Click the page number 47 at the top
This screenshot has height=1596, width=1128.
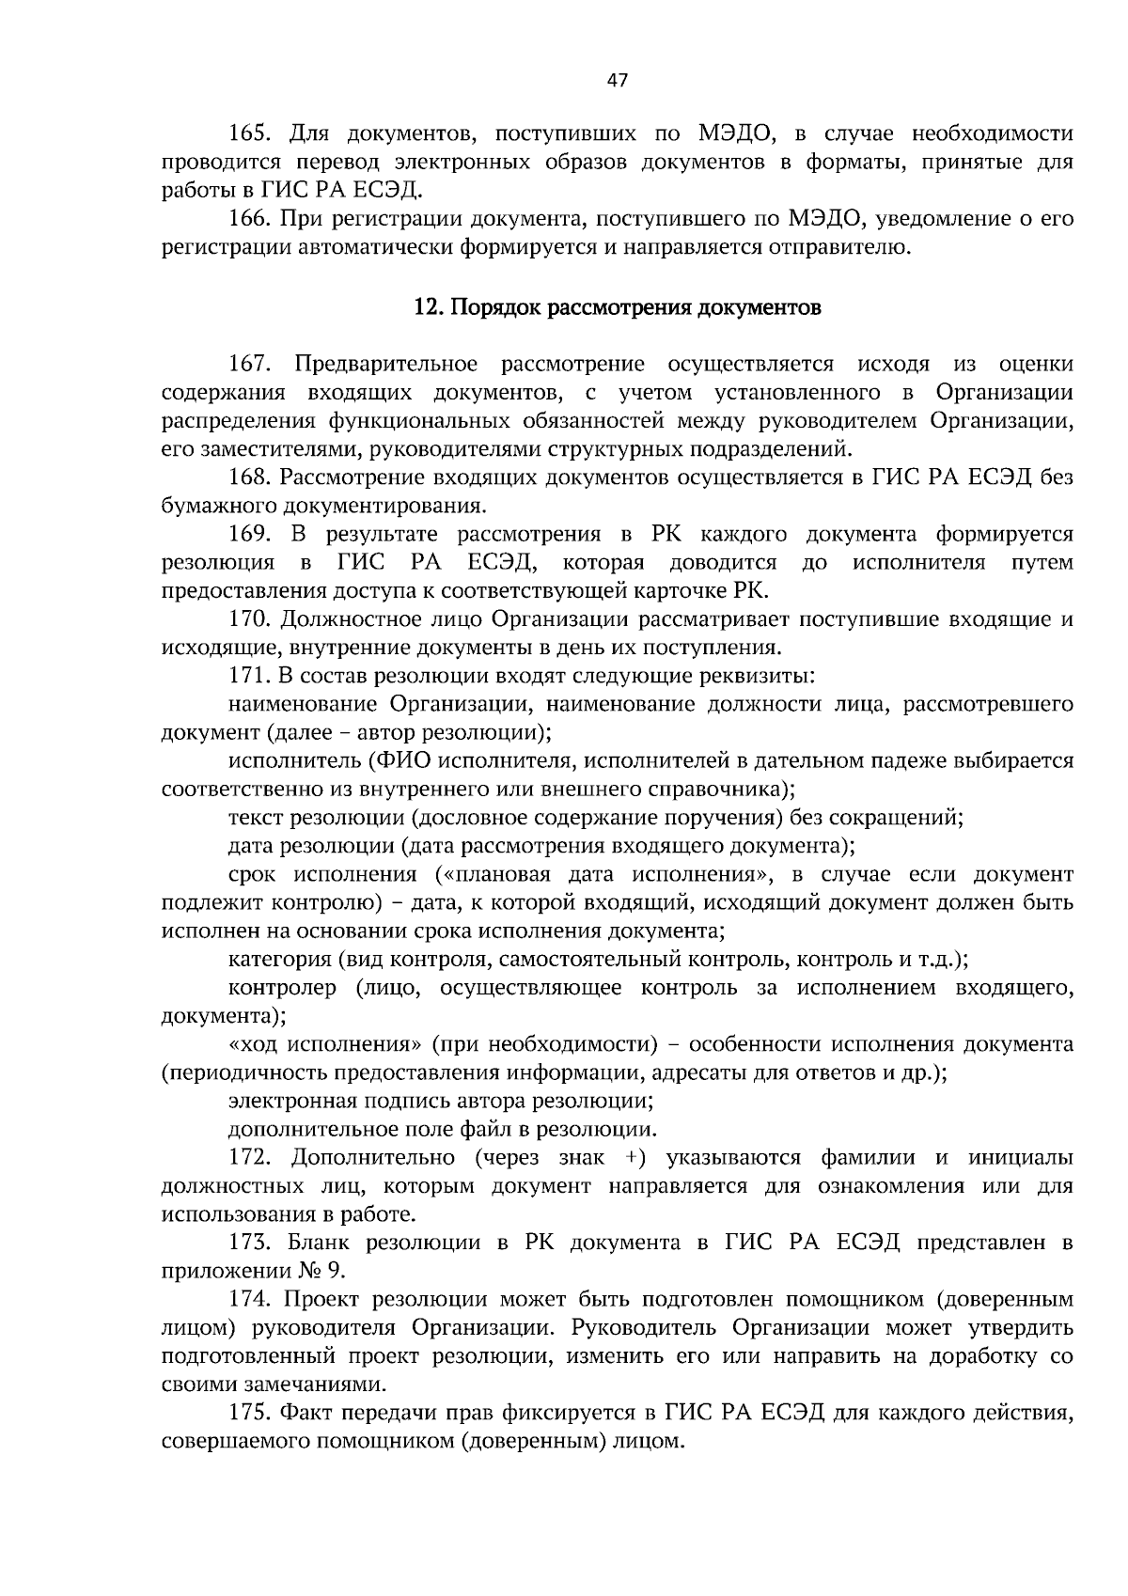tap(617, 80)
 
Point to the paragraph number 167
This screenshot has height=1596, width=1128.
tap(250, 364)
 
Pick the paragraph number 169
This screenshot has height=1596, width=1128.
tap(250, 535)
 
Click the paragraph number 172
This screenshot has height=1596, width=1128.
tap(250, 1157)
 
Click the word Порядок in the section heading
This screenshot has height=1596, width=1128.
tap(493, 307)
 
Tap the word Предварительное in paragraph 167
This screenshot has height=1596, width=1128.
tap(385, 364)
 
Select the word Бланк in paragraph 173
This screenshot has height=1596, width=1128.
tap(315, 1243)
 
